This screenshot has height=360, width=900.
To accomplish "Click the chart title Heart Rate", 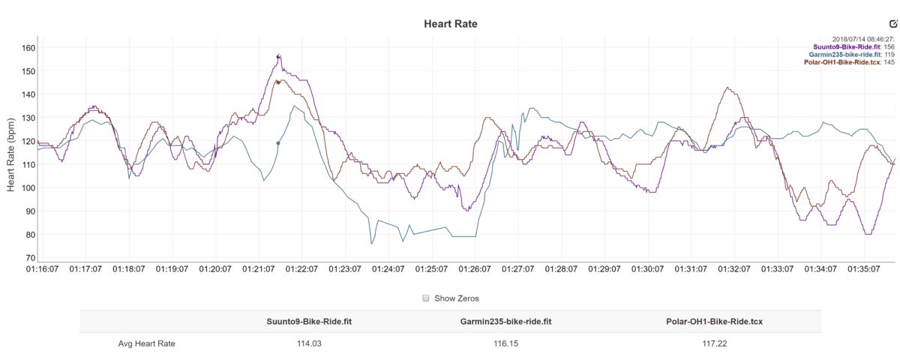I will tap(450, 24).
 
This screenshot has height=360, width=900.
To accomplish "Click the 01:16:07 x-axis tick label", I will tap(43, 268).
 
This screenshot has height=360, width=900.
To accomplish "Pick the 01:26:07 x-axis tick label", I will tap(474, 268).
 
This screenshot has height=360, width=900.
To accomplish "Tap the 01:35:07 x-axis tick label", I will tap(862, 268).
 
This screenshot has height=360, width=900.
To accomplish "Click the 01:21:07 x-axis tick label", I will tap(259, 268).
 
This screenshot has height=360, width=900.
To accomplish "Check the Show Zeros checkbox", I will tap(426, 298).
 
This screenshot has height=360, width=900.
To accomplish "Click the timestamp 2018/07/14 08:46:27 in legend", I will tap(863, 39).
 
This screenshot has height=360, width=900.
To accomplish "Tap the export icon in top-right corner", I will tap(892, 24).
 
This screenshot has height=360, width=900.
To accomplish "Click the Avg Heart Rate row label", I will tap(147, 343).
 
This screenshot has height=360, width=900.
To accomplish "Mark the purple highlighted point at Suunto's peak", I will tap(278, 56).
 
